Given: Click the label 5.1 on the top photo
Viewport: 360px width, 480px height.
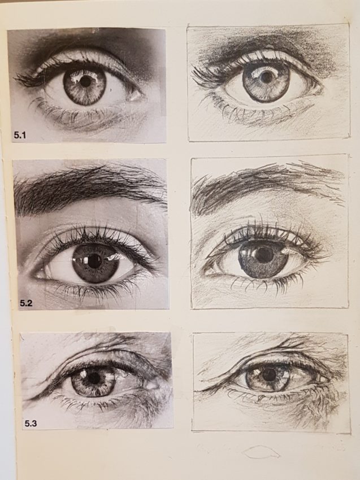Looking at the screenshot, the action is tap(20, 135).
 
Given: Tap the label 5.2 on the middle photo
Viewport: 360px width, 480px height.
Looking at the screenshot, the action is tap(26, 303).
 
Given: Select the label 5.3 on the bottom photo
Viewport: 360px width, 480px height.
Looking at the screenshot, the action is tap(31, 424).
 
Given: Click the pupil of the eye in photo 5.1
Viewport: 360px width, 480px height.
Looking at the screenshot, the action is tap(86, 81).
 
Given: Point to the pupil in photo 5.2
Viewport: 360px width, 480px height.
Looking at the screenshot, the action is tap(95, 261).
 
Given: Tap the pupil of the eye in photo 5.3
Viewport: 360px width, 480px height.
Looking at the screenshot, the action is tap(93, 378).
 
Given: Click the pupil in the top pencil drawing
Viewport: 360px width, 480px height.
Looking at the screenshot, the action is tap(267, 77).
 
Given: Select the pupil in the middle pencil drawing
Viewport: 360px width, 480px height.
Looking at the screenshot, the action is tap(263, 254).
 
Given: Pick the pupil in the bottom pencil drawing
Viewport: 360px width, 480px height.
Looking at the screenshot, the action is tap(270, 374).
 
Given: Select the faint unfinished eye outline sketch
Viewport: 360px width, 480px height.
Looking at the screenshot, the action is tap(261, 452).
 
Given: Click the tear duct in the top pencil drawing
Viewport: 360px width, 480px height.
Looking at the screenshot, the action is tap(315, 89).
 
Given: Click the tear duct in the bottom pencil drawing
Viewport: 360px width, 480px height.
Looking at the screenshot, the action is tap(322, 379).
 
